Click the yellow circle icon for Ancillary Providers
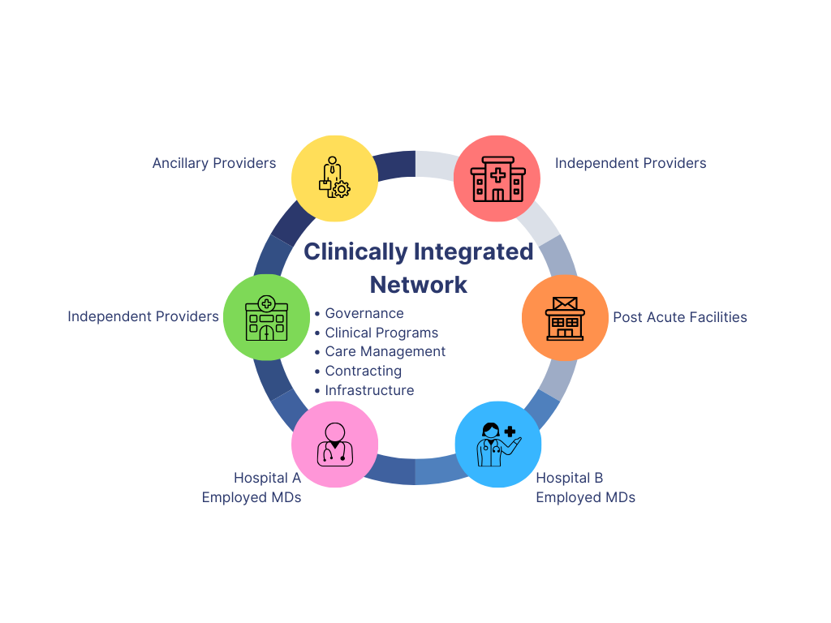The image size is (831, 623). (x=334, y=178)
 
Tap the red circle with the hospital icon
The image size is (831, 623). (x=497, y=178)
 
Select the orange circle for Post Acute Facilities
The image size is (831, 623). (x=565, y=317)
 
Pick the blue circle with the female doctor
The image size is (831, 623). (x=498, y=445)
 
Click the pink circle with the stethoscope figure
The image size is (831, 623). (x=334, y=445)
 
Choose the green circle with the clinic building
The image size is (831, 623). (x=265, y=316)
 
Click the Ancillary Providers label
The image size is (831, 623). (x=214, y=163)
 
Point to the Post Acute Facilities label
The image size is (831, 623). (x=680, y=317)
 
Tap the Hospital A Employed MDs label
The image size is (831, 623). (x=252, y=488)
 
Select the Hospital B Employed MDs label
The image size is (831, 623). (x=585, y=488)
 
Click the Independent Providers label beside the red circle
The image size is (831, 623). (x=631, y=163)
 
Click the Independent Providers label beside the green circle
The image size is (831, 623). (x=144, y=316)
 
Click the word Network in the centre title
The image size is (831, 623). (x=419, y=284)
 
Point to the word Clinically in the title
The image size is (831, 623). (x=355, y=251)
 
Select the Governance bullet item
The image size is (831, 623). (x=364, y=313)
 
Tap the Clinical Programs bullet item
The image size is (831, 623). (x=381, y=333)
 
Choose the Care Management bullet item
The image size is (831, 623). (x=385, y=351)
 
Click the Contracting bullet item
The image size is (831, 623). (x=364, y=371)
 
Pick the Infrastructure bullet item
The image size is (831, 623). (x=369, y=390)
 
